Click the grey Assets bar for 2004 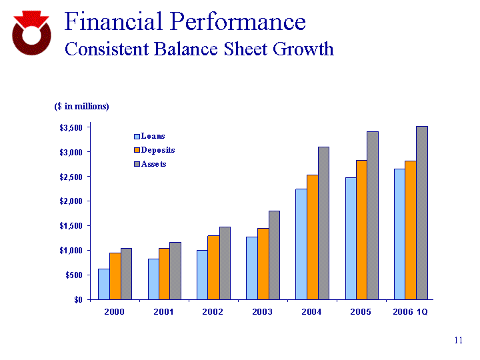coord(323,223)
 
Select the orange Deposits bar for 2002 coord(213,267)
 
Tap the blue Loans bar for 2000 coord(103,283)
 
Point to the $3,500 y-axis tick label coord(69,127)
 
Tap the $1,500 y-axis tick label coord(69,226)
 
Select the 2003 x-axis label coord(262,312)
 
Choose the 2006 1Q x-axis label coord(411,312)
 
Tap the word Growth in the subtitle coord(300,49)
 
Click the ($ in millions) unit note coord(81,106)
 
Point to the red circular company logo coord(31,34)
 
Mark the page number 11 coord(458,341)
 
